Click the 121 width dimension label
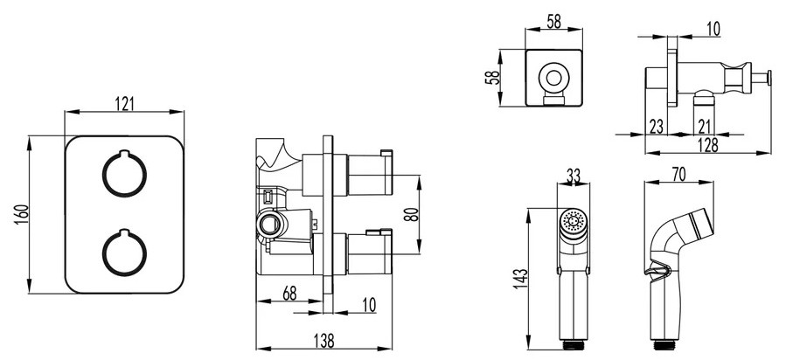pyautogui.click(x=125, y=104)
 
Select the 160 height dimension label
pyautogui.click(x=22, y=214)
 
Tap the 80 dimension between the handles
pyautogui.click(x=411, y=214)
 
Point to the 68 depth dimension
pyautogui.click(x=289, y=294)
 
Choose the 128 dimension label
pyautogui.click(x=708, y=145)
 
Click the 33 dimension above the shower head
pyautogui.click(x=573, y=176)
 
